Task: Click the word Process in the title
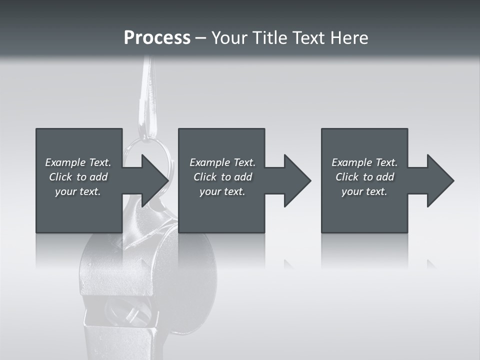tap(157, 38)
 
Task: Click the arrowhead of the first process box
tap(152, 180)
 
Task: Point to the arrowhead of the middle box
tap(296, 180)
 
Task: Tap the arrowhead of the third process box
tap(439, 180)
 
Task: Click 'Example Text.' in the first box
tap(78, 162)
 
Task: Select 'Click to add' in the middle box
tap(222, 177)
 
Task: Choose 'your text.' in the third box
tap(364, 191)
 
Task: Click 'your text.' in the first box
tap(78, 191)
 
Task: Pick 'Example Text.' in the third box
tap(364, 162)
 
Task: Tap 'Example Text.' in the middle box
tap(222, 162)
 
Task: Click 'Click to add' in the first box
tap(78, 177)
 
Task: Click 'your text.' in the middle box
tap(222, 191)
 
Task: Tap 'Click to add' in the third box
tap(364, 177)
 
